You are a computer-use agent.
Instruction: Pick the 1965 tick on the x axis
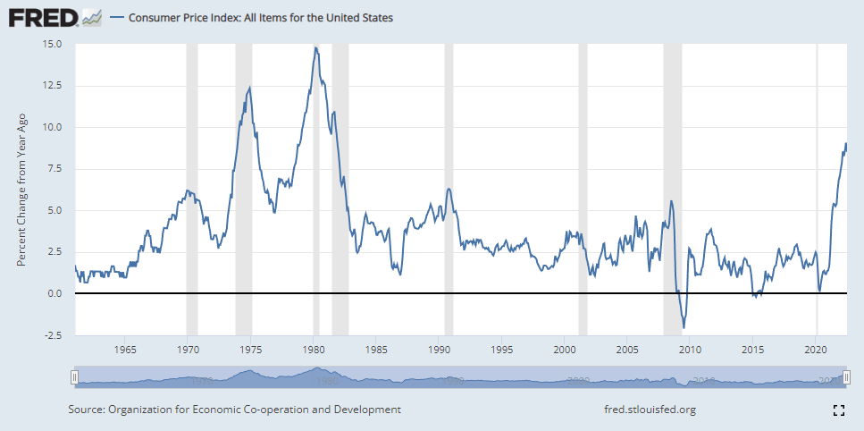(125, 349)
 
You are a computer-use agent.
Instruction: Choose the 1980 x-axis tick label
(314, 349)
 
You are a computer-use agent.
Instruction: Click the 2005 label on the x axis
(628, 349)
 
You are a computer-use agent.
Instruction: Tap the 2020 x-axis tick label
(817, 349)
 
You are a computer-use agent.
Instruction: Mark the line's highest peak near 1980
(315, 47)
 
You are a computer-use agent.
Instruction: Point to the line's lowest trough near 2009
(684, 327)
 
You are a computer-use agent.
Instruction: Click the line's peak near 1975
(249, 87)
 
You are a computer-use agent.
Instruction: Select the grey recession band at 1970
(191, 179)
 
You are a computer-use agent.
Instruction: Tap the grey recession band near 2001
(583, 179)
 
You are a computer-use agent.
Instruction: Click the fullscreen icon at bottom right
(838, 410)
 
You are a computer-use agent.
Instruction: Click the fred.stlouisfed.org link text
(650, 410)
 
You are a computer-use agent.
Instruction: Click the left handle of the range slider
(75, 379)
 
